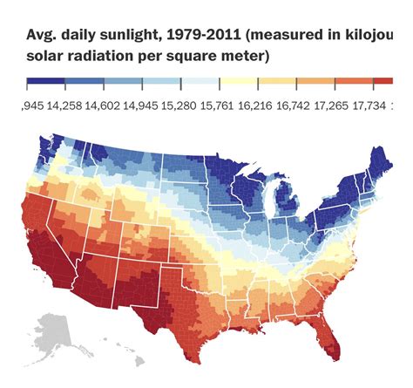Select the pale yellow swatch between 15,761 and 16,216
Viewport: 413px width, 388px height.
click(240, 83)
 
